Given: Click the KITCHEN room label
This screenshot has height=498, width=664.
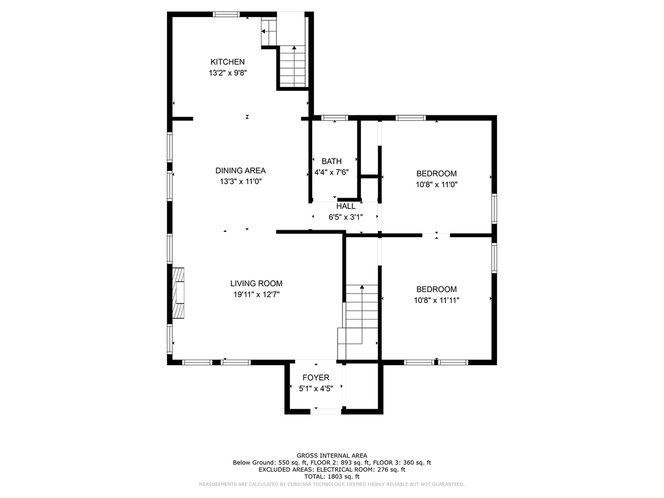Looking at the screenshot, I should click(227, 62).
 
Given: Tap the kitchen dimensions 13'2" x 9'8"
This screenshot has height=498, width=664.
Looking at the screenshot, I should click(227, 73).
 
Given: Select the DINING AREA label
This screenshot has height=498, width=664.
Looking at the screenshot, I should click(240, 171).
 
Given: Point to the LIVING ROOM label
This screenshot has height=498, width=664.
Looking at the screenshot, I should click(256, 283).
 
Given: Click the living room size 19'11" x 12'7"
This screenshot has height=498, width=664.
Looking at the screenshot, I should click(256, 295).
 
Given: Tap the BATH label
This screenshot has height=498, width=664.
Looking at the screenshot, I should click(331, 161).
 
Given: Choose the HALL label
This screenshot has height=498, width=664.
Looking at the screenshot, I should click(345, 206).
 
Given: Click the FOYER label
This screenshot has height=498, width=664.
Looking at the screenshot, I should click(316, 378).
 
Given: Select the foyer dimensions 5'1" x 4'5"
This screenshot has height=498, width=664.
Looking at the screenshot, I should click(316, 389).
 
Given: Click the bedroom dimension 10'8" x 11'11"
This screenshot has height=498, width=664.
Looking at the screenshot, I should click(436, 300).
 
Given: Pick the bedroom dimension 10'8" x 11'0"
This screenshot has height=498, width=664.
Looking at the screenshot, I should click(436, 185).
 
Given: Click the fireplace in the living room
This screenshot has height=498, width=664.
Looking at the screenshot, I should click(178, 293).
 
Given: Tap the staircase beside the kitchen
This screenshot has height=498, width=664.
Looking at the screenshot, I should click(294, 66).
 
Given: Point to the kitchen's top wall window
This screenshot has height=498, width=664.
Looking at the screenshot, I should click(227, 14).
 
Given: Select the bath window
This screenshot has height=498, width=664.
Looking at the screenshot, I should click(334, 118).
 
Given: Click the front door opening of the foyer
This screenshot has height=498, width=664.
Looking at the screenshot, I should click(326, 411).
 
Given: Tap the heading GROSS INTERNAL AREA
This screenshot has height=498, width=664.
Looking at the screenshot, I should click(331, 455).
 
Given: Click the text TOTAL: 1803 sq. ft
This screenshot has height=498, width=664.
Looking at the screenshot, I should click(331, 476).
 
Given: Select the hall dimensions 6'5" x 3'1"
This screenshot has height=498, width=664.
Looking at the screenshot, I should click(345, 217).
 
